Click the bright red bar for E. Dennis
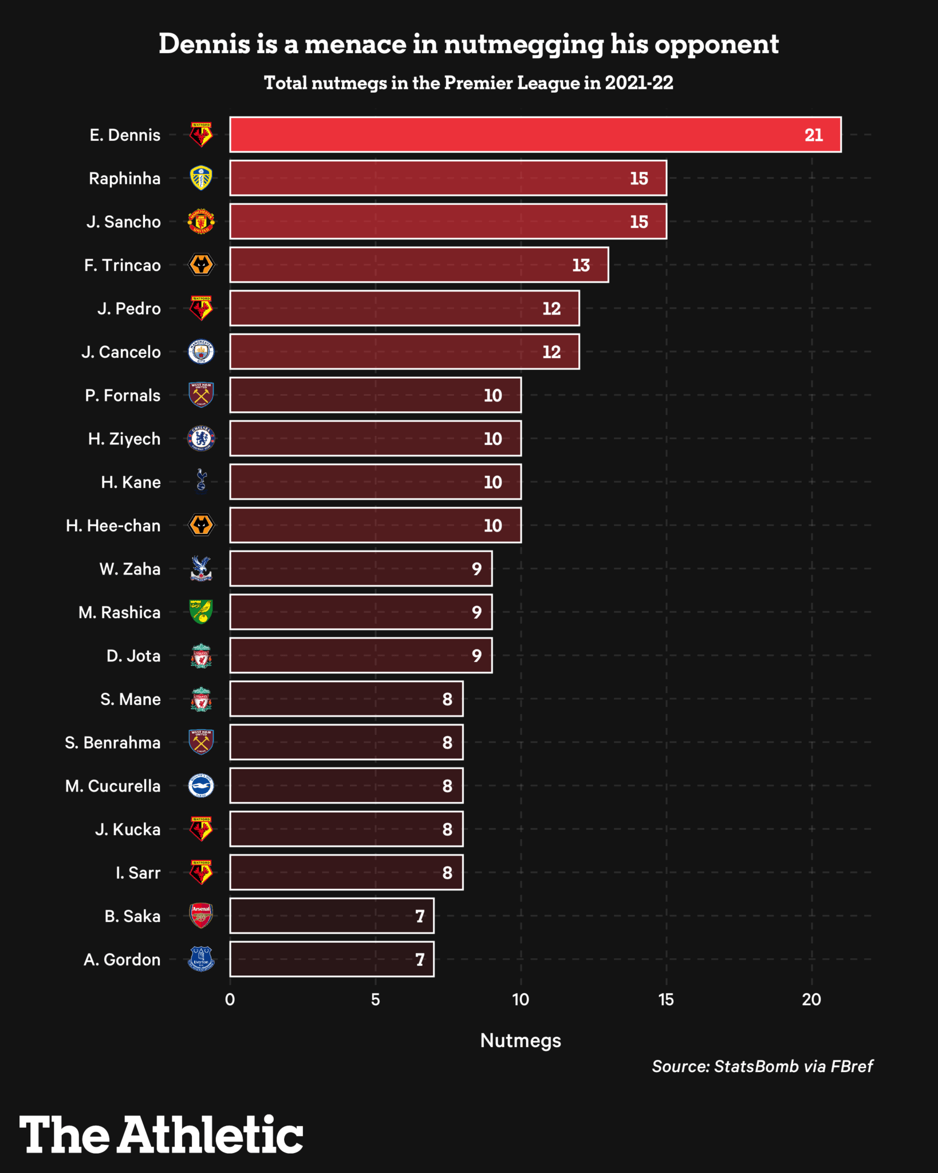tap(535, 135)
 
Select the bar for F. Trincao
tap(419, 265)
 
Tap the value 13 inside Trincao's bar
tap(581, 265)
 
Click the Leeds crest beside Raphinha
tap(201, 178)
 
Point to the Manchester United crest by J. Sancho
tap(201, 222)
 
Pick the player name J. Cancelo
tap(121, 352)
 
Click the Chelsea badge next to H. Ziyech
tap(201, 439)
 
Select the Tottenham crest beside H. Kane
tap(201, 481)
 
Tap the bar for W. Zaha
tap(361, 569)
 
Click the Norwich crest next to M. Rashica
tap(201, 612)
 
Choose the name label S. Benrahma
tap(112, 742)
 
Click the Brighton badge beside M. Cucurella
tap(201, 786)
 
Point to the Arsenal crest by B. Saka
tap(201, 915)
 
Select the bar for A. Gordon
tap(332, 959)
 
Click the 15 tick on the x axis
tap(666, 1000)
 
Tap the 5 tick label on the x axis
tap(375, 1000)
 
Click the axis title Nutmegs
tap(521, 1041)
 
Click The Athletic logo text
tap(161, 1135)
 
